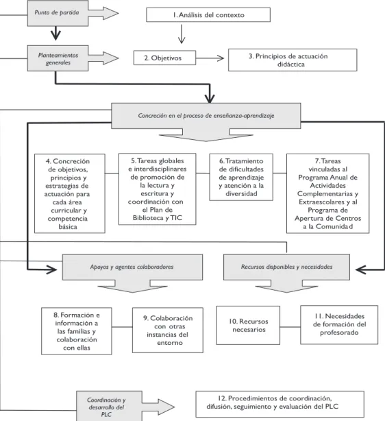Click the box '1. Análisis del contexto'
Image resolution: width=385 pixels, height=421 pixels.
coord(208,15)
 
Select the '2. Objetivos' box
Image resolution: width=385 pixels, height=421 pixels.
coord(164,58)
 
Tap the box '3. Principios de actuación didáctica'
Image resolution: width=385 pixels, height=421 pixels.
coord(293,60)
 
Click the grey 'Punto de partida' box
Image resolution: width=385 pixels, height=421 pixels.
coord(58,13)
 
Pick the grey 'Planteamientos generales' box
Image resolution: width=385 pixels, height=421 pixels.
coord(58,58)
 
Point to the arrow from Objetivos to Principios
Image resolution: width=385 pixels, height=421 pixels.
coord(210,58)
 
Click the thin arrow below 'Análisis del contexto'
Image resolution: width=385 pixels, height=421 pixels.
coord(182,34)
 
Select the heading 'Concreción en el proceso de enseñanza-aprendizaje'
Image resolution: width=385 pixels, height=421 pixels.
coord(206,116)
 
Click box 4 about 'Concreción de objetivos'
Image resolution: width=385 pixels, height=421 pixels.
coord(70,193)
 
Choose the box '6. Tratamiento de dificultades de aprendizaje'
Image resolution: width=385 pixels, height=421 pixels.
coord(241,177)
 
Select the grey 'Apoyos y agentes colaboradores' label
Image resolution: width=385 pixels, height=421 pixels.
coord(132,267)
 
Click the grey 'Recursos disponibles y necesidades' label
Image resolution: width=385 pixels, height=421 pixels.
coord(286,267)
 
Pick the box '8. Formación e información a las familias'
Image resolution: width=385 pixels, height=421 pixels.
coord(77,331)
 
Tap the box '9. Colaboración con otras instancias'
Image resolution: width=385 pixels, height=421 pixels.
coord(168,330)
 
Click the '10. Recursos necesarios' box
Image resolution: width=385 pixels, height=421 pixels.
coord(248,325)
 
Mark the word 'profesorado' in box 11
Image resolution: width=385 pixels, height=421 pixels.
coord(339,333)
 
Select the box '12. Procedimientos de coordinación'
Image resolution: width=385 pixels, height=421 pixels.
coord(280,404)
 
